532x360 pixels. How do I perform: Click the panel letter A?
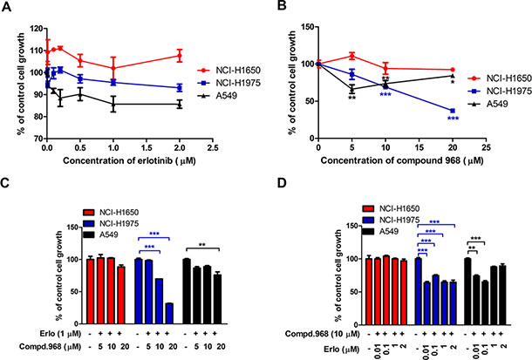(6, 7)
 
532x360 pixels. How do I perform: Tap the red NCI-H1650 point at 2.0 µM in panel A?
(179, 56)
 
